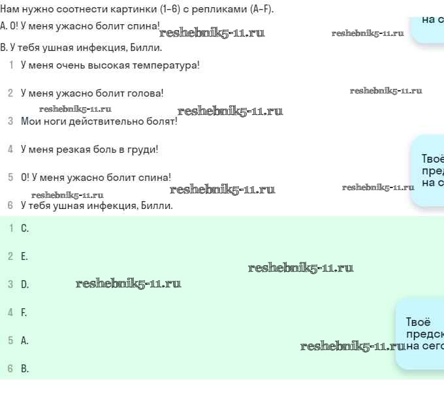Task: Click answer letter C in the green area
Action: pyautogui.click(x=25, y=229)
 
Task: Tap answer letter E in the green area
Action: pyautogui.click(x=24, y=257)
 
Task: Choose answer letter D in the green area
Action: pyautogui.click(x=25, y=285)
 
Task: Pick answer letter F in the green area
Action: pyautogui.click(x=24, y=313)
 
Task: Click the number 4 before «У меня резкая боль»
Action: pyautogui.click(x=10, y=150)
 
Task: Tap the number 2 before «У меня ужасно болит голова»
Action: pyautogui.click(x=10, y=93)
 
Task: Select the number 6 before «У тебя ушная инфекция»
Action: pyautogui.click(x=10, y=206)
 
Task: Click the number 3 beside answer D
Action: pyautogui.click(x=10, y=285)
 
